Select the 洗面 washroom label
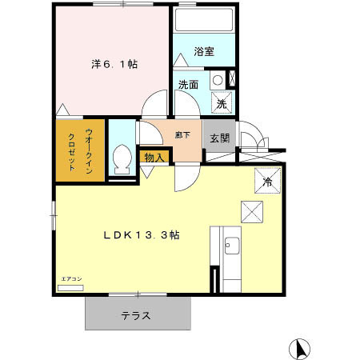(x=188, y=84)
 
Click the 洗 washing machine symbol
(x=222, y=103)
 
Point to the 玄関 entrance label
(x=219, y=138)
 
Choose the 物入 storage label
(x=154, y=158)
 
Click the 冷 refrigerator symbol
(x=267, y=182)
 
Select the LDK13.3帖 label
(x=140, y=235)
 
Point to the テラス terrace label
(x=136, y=315)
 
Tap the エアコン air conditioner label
(x=71, y=278)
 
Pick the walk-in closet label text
(x=80, y=150)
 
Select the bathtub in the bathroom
(x=203, y=22)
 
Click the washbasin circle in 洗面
(x=216, y=80)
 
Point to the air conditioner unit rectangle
(x=70, y=286)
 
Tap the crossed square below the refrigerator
(x=253, y=212)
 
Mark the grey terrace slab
(x=138, y=314)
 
